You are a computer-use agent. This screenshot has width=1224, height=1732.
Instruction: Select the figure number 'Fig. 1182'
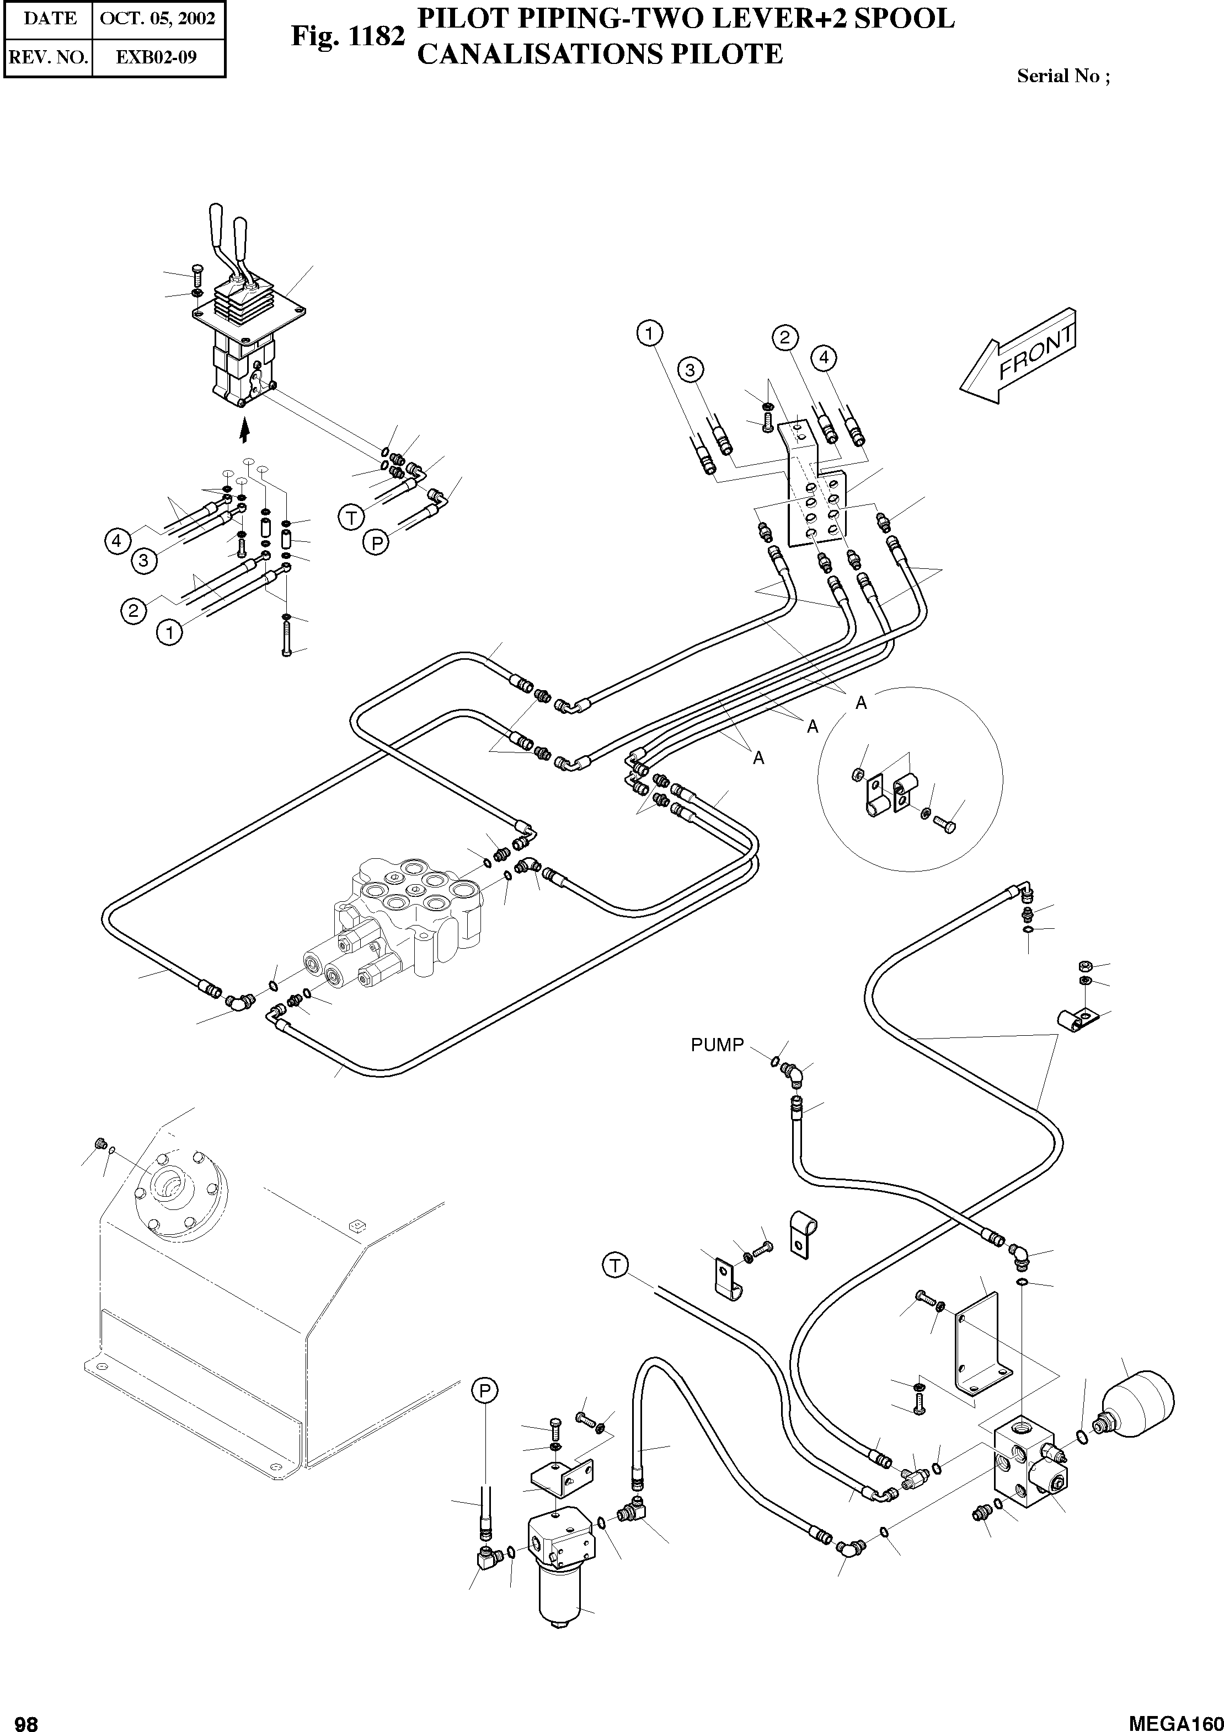pos(348,35)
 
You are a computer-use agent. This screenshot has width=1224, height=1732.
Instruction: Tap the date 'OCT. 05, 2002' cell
pos(158,19)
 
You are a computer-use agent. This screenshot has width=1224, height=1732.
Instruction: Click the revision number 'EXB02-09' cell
pos(158,57)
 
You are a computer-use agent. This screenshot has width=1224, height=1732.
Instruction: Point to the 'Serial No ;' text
pos(1062,76)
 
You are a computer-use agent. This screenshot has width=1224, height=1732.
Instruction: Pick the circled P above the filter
pos(485,1390)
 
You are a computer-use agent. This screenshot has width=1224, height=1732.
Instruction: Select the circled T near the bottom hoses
pos(616,1265)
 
